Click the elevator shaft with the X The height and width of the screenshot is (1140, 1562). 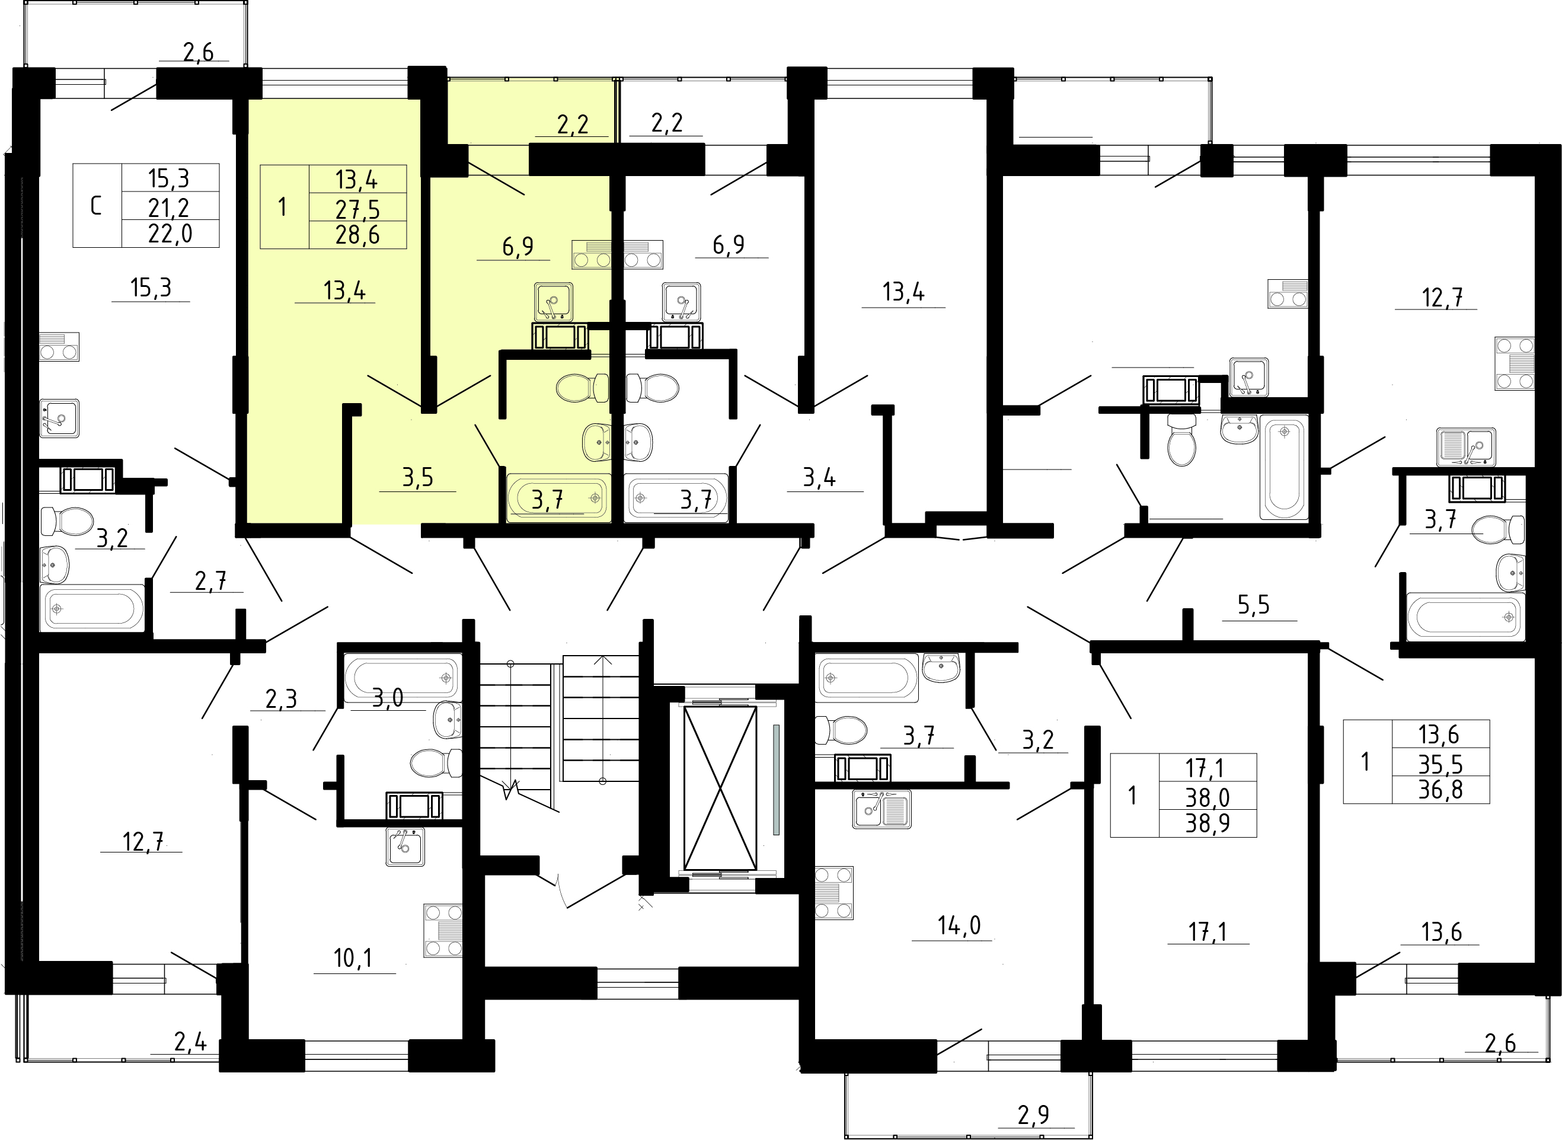point(720,787)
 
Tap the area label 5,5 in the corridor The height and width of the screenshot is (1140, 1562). point(1253,605)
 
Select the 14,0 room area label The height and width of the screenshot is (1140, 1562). point(959,925)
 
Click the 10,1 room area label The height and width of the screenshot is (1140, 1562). point(353,958)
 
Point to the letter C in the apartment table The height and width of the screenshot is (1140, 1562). point(96,206)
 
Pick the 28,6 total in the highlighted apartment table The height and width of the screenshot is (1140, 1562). point(357,235)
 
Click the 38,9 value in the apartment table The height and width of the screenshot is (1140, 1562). point(1208,823)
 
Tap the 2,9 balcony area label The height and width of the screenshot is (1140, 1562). point(1033,1115)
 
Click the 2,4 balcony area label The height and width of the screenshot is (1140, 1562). point(190,1042)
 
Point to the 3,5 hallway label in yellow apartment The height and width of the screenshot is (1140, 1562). point(417,477)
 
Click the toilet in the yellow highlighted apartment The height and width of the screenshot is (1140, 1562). point(582,388)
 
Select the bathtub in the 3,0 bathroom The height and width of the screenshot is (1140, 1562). point(401,678)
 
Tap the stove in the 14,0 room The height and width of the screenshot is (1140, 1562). point(834,893)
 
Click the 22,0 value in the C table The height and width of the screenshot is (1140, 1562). point(170,235)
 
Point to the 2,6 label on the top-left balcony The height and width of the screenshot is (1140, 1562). point(199,52)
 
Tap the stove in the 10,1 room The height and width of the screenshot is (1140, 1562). point(443,930)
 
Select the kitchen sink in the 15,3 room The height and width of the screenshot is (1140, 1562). point(59,418)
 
